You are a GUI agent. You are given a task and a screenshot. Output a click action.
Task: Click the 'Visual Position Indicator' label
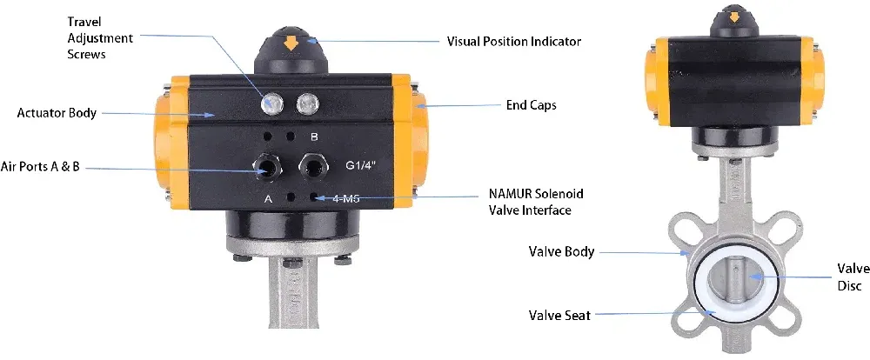[513, 41]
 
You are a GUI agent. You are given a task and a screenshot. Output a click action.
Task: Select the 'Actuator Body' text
[57, 113]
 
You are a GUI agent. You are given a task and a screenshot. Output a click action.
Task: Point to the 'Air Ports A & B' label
[40, 166]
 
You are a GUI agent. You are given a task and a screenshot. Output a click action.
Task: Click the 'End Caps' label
[531, 105]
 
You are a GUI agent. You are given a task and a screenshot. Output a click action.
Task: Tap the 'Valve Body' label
[561, 252]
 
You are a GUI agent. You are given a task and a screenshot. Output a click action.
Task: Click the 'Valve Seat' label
[559, 315]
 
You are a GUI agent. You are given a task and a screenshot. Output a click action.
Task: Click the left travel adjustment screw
[272, 104]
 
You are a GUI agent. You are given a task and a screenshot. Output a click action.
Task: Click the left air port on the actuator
[265, 165]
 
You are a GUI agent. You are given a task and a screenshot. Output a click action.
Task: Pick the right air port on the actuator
[311, 164]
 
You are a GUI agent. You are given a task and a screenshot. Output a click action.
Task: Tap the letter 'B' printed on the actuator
[314, 137]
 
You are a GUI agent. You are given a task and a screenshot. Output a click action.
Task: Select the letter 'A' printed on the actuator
[269, 198]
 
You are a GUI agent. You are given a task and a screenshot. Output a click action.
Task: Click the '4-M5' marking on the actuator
[348, 199]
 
